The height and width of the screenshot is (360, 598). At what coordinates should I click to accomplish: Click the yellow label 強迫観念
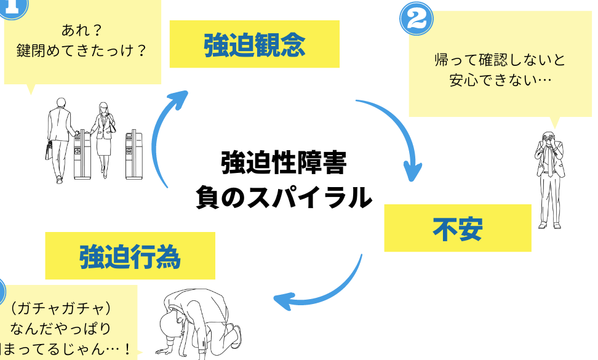click(254, 44)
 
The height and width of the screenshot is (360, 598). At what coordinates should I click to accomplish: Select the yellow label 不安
click(457, 228)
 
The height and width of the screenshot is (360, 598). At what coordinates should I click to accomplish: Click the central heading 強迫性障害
click(284, 164)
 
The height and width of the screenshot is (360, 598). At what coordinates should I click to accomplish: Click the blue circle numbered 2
click(417, 19)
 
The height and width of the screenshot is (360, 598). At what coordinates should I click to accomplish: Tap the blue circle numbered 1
click(12, 6)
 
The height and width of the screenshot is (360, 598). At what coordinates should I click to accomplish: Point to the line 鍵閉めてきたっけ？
click(82, 49)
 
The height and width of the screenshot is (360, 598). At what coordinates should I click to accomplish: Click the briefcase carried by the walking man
click(49, 150)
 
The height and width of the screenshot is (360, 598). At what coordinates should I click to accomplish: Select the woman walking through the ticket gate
click(103, 138)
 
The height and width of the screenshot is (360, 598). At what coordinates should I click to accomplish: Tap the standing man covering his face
click(549, 178)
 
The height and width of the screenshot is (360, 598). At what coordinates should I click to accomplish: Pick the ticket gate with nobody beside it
click(134, 154)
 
